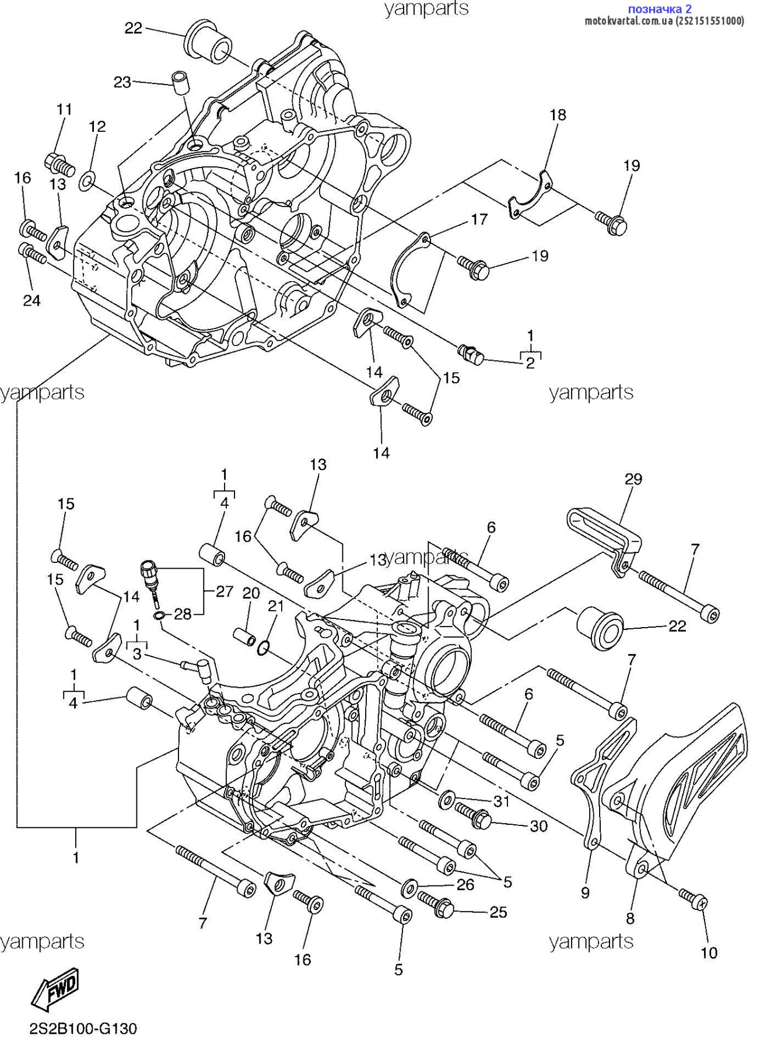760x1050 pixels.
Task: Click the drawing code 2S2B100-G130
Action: click(x=83, y=1029)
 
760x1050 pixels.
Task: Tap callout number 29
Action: click(x=633, y=479)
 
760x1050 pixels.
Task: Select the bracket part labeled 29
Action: click(x=604, y=532)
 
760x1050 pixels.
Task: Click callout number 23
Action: click(x=122, y=82)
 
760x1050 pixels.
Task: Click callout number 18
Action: click(x=558, y=114)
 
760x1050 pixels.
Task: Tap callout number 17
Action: click(x=479, y=219)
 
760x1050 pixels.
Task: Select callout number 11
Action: click(x=64, y=109)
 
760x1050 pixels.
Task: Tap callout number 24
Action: click(x=31, y=300)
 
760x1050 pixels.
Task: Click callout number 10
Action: click(x=709, y=953)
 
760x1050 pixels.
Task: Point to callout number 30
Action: click(x=538, y=826)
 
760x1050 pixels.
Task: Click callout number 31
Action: click(x=502, y=801)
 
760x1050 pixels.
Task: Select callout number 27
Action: click(x=225, y=591)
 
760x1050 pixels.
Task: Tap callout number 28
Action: click(x=183, y=614)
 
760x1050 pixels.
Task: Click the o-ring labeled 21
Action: click(x=264, y=647)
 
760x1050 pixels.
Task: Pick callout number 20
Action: click(x=251, y=593)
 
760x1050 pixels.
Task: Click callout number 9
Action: click(x=585, y=892)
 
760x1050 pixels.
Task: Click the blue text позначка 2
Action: click(x=659, y=9)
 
